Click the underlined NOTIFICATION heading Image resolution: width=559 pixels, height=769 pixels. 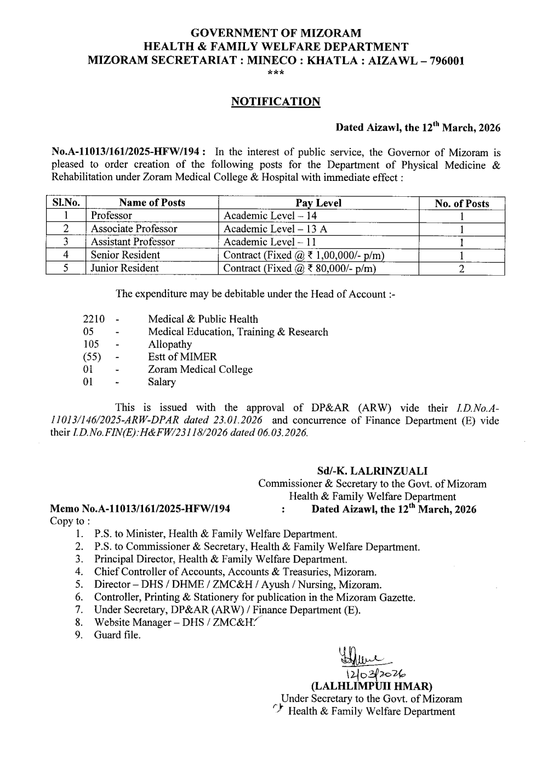275,101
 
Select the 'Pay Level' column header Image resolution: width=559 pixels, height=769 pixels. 318,203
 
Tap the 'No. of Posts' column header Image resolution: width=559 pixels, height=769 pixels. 461,203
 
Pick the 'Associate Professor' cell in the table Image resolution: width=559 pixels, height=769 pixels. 134,229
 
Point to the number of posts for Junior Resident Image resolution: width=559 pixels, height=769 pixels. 461,269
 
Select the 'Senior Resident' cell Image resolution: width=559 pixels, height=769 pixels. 125,255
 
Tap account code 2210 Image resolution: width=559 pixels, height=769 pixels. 93,319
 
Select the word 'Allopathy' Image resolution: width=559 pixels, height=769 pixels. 170,344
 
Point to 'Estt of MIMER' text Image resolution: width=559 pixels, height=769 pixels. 182,357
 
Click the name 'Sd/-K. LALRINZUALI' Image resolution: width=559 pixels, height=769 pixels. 372,471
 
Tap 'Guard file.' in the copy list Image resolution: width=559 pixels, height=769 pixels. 117,635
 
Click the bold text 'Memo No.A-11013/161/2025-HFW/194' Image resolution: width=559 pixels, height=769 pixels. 140,509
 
